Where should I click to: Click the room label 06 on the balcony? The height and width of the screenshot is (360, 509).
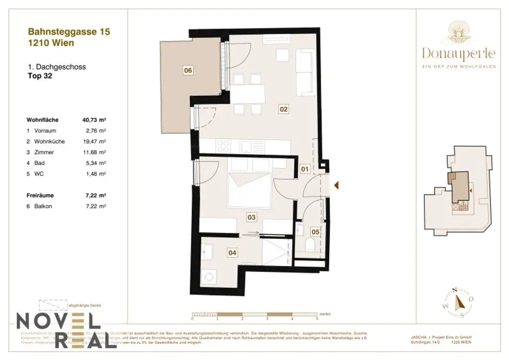188,71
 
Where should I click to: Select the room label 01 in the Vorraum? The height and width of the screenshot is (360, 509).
305,169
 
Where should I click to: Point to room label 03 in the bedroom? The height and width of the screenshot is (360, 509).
252,217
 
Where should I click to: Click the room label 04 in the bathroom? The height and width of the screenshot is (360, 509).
232,253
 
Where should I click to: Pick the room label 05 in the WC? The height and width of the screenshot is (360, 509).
316,232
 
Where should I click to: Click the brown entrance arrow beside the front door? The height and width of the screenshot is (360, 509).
337,185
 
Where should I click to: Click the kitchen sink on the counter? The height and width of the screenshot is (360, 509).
247,146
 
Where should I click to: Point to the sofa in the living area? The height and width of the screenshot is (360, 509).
304,72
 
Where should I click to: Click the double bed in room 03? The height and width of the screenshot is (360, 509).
249,190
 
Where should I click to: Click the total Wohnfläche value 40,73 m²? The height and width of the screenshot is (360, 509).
94,120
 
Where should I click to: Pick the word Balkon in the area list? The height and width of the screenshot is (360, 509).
43,206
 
